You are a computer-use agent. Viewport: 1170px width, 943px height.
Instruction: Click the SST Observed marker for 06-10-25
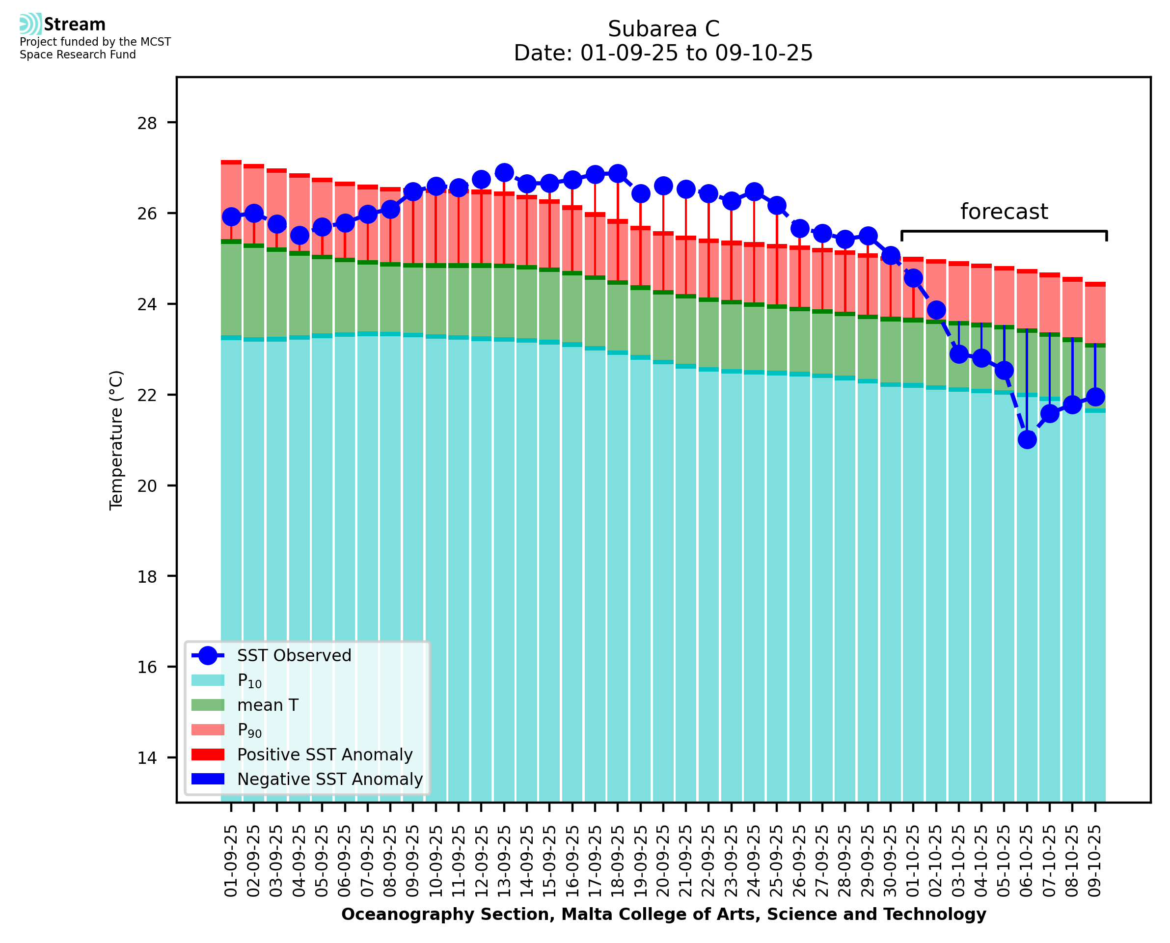coord(1027,439)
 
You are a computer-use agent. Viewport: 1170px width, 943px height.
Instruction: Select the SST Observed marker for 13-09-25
coord(504,173)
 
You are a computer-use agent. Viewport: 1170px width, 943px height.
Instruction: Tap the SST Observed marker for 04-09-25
coord(299,236)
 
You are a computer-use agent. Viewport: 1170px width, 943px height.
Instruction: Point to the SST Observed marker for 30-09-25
coord(890,255)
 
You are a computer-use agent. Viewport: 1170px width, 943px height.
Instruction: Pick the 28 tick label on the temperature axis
coord(147,123)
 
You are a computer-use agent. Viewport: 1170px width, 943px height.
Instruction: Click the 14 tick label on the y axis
coord(147,758)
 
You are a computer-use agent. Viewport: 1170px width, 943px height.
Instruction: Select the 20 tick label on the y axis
coord(147,485)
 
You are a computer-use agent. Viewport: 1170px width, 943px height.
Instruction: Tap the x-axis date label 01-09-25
coord(231,861)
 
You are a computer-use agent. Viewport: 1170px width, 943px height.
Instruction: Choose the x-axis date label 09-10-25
coord(1094,861)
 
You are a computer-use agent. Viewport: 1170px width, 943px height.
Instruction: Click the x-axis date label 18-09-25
coord(618,861)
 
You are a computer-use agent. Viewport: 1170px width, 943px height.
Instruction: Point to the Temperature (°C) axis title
coord(116,440)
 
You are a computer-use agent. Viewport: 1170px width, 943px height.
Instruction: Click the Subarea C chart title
coord(663,29)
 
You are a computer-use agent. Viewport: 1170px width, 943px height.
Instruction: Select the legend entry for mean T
coord(268,705)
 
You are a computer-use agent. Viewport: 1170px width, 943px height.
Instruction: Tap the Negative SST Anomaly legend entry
coord(330,779)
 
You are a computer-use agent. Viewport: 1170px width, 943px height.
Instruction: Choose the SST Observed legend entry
coord(294,656)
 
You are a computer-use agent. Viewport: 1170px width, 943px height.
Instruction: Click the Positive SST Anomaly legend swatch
coord(208,754)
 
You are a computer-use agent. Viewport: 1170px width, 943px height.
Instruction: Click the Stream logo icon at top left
coord(30,24)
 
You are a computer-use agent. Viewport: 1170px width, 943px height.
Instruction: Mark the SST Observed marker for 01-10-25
coord(913,278)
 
